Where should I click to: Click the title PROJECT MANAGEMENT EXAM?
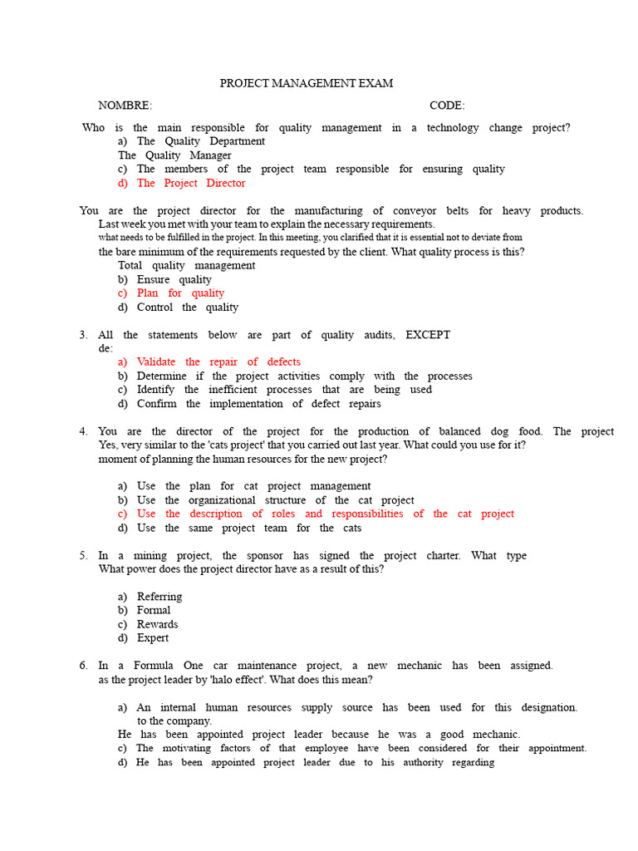pyautogui.click(x=306, y=83)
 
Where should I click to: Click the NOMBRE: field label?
pyautogui.click(x=125, y=106)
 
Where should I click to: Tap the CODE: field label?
pyautogui.click(x=447, y=106)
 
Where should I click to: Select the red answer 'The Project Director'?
pyautogui.click(x=191, y=183)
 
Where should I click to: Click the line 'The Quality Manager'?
pyautogui.click(x=174, y=155)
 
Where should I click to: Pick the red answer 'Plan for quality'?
pyautogui.click(x=180, y=293)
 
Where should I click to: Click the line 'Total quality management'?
pyautogui.click(x=186, y=266)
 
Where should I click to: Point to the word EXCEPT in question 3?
pyautogui.click(x=428, y=335)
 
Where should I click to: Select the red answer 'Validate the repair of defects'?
pyautogui.click(x=218, y=362)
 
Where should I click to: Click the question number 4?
pyautogui.click(x=83, y=431)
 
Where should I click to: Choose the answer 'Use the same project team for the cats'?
pyautogui.click(x=249, y=528)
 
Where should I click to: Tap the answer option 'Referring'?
pyautogui.click(x=159, y=597)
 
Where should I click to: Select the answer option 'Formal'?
pyautogui.click(x=154, y=610)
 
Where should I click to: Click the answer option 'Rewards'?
pyautogui.click(x=158, y=624)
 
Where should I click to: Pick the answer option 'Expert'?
pyautogui.click(x=153, y=638)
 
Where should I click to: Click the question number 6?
pyautogui.click(x=83, y=666)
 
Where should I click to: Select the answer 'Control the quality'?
pyautogui.click(x=187, y=307)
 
